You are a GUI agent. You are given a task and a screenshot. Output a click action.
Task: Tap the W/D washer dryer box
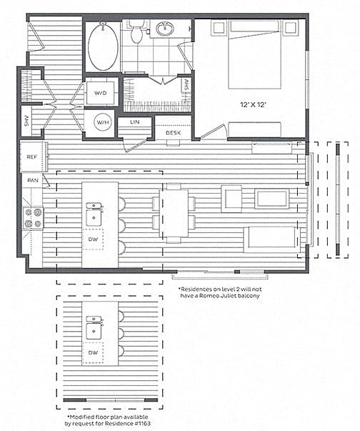pyautogui.click(x=100, y=92)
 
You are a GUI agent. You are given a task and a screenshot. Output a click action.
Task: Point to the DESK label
pyautogui.click(x=172, y=133)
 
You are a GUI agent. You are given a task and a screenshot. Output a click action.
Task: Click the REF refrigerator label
pyautogui.click(x=32, y=156)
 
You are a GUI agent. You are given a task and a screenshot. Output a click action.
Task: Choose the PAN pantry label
pyautogui.click(x=32, y=181)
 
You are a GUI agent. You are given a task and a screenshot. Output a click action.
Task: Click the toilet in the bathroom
pyautogui.click(x=137, y=31)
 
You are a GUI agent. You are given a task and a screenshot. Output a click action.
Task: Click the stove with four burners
pyautogui.click(x=34, y=218)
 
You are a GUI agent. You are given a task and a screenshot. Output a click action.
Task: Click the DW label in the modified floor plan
pyautogui.click(x=93, y=352)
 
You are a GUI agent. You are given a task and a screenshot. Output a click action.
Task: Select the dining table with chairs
pyautogui.click(x=174, y=212)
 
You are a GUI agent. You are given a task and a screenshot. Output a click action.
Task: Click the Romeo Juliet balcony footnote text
pyautogui.click(x=220, y=292)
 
